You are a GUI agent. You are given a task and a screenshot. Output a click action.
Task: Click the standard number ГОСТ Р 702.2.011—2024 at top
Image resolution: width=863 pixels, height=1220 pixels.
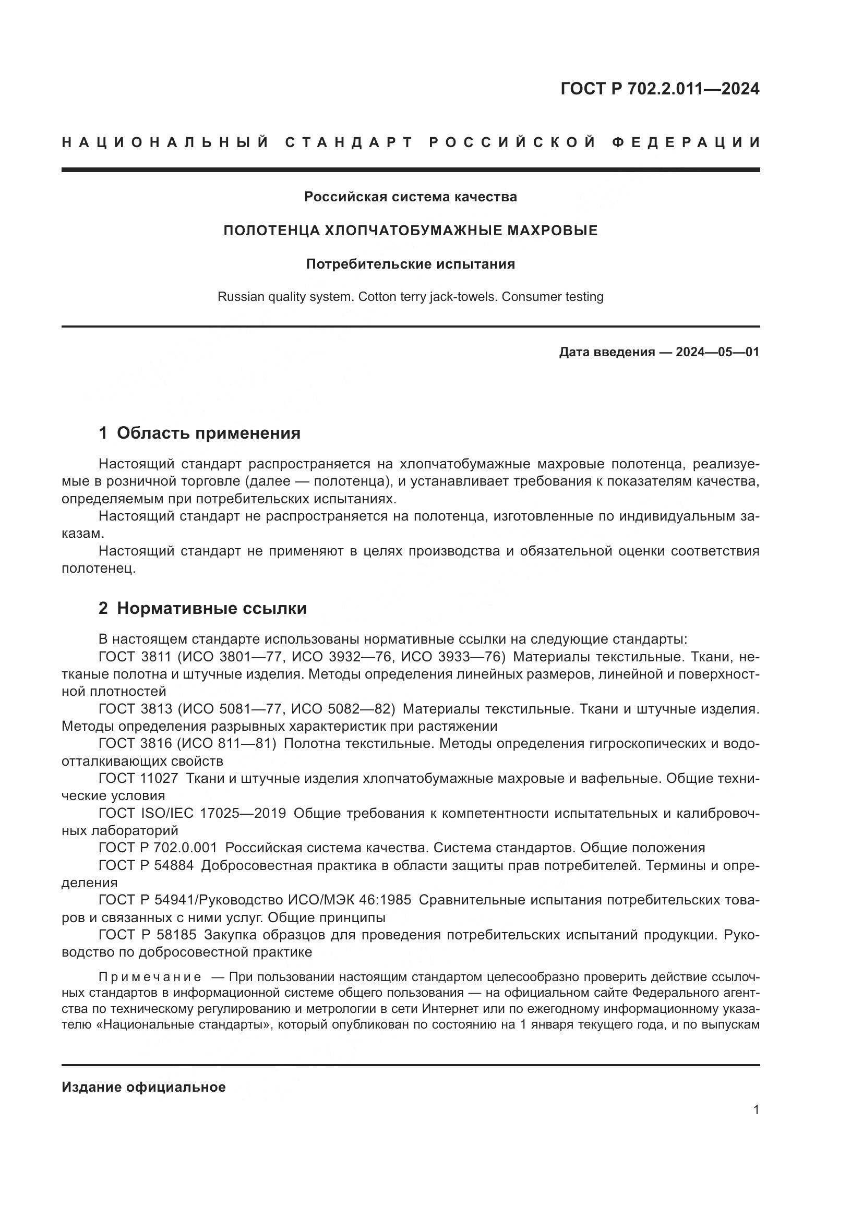tap(660, 89)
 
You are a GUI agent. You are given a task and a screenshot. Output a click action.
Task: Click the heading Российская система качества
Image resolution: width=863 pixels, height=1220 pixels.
tap(410, 197)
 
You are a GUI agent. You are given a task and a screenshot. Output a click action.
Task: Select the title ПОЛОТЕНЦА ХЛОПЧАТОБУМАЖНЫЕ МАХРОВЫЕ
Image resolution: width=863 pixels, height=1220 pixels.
tap(410, 231)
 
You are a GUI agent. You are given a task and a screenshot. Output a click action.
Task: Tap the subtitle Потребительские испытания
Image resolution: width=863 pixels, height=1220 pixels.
tap(410, 264)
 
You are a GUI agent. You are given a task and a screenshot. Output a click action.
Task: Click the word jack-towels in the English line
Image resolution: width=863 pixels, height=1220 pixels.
tap(468, 296)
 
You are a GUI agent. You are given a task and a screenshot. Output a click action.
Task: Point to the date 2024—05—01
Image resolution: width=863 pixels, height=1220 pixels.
tap(717, 352)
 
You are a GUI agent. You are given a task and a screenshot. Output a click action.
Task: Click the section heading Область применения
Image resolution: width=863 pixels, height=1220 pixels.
tap(208, 433)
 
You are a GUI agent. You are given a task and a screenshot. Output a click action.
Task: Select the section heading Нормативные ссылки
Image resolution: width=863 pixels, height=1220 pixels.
tap(211, 608)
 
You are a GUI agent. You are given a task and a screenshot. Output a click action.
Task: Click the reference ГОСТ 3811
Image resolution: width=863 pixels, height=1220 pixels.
tap(135, 657)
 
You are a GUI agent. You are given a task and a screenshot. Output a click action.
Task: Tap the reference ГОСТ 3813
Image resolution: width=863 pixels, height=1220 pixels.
tap(135, 709)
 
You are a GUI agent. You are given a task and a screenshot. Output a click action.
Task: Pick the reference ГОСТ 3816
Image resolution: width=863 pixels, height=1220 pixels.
tap(135, 743)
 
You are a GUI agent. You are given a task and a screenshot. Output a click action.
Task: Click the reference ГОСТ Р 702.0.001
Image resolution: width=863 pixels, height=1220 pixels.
tap(158, 848)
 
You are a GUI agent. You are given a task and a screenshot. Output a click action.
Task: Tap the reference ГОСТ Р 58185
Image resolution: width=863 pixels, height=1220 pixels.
tap(148, 935)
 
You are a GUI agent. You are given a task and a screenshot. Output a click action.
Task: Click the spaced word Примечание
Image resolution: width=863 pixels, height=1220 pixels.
tap(150, 977)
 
